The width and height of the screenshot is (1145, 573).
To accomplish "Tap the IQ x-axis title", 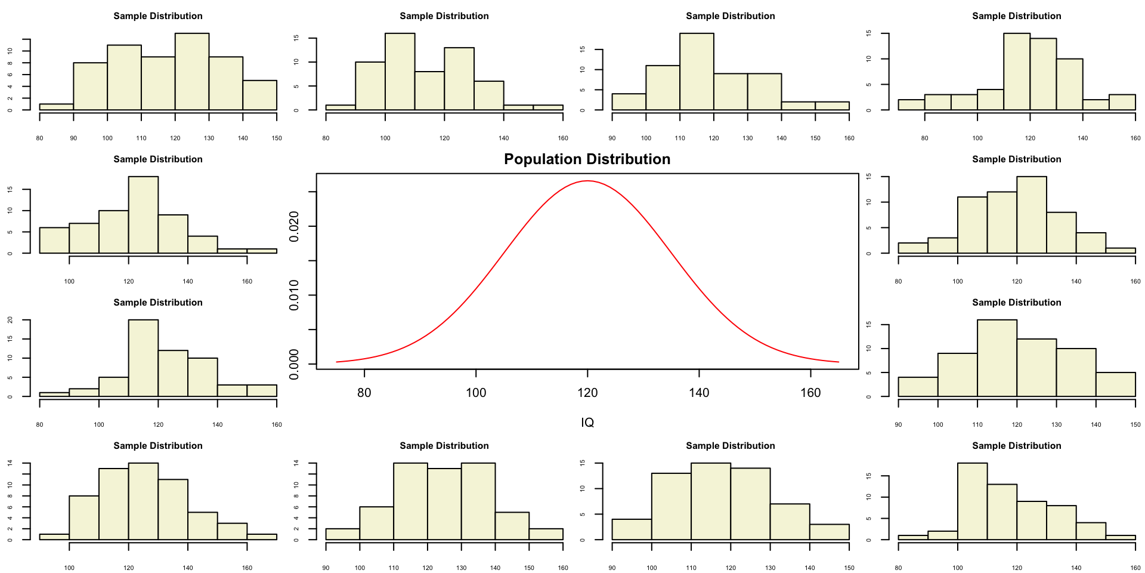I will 587,423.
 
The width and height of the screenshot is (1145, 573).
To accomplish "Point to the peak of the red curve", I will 587,180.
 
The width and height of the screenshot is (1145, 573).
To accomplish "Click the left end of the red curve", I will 337,362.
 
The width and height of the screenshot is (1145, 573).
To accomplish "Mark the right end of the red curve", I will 838,362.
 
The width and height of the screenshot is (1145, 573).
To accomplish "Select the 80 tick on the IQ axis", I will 364,393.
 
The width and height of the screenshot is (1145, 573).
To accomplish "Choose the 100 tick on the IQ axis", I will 476,393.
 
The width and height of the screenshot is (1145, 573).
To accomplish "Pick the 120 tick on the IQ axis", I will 587,393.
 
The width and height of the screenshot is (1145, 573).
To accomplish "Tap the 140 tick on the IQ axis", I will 699,393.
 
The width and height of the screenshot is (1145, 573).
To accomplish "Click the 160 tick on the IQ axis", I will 810,393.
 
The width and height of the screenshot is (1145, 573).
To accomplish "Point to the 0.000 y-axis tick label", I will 294,364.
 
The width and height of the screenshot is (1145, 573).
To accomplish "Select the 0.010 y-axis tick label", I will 294,295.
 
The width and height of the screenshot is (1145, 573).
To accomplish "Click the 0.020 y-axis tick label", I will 294,227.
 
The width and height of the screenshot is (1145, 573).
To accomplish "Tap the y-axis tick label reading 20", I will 10,320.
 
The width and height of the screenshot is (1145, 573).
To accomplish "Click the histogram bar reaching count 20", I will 143,358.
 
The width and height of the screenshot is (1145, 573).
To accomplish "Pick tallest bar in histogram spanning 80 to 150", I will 192,72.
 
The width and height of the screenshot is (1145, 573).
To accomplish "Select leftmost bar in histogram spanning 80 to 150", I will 56,107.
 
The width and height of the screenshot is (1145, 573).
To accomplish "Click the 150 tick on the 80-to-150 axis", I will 277,138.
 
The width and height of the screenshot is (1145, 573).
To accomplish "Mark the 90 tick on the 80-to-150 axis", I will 73,138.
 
